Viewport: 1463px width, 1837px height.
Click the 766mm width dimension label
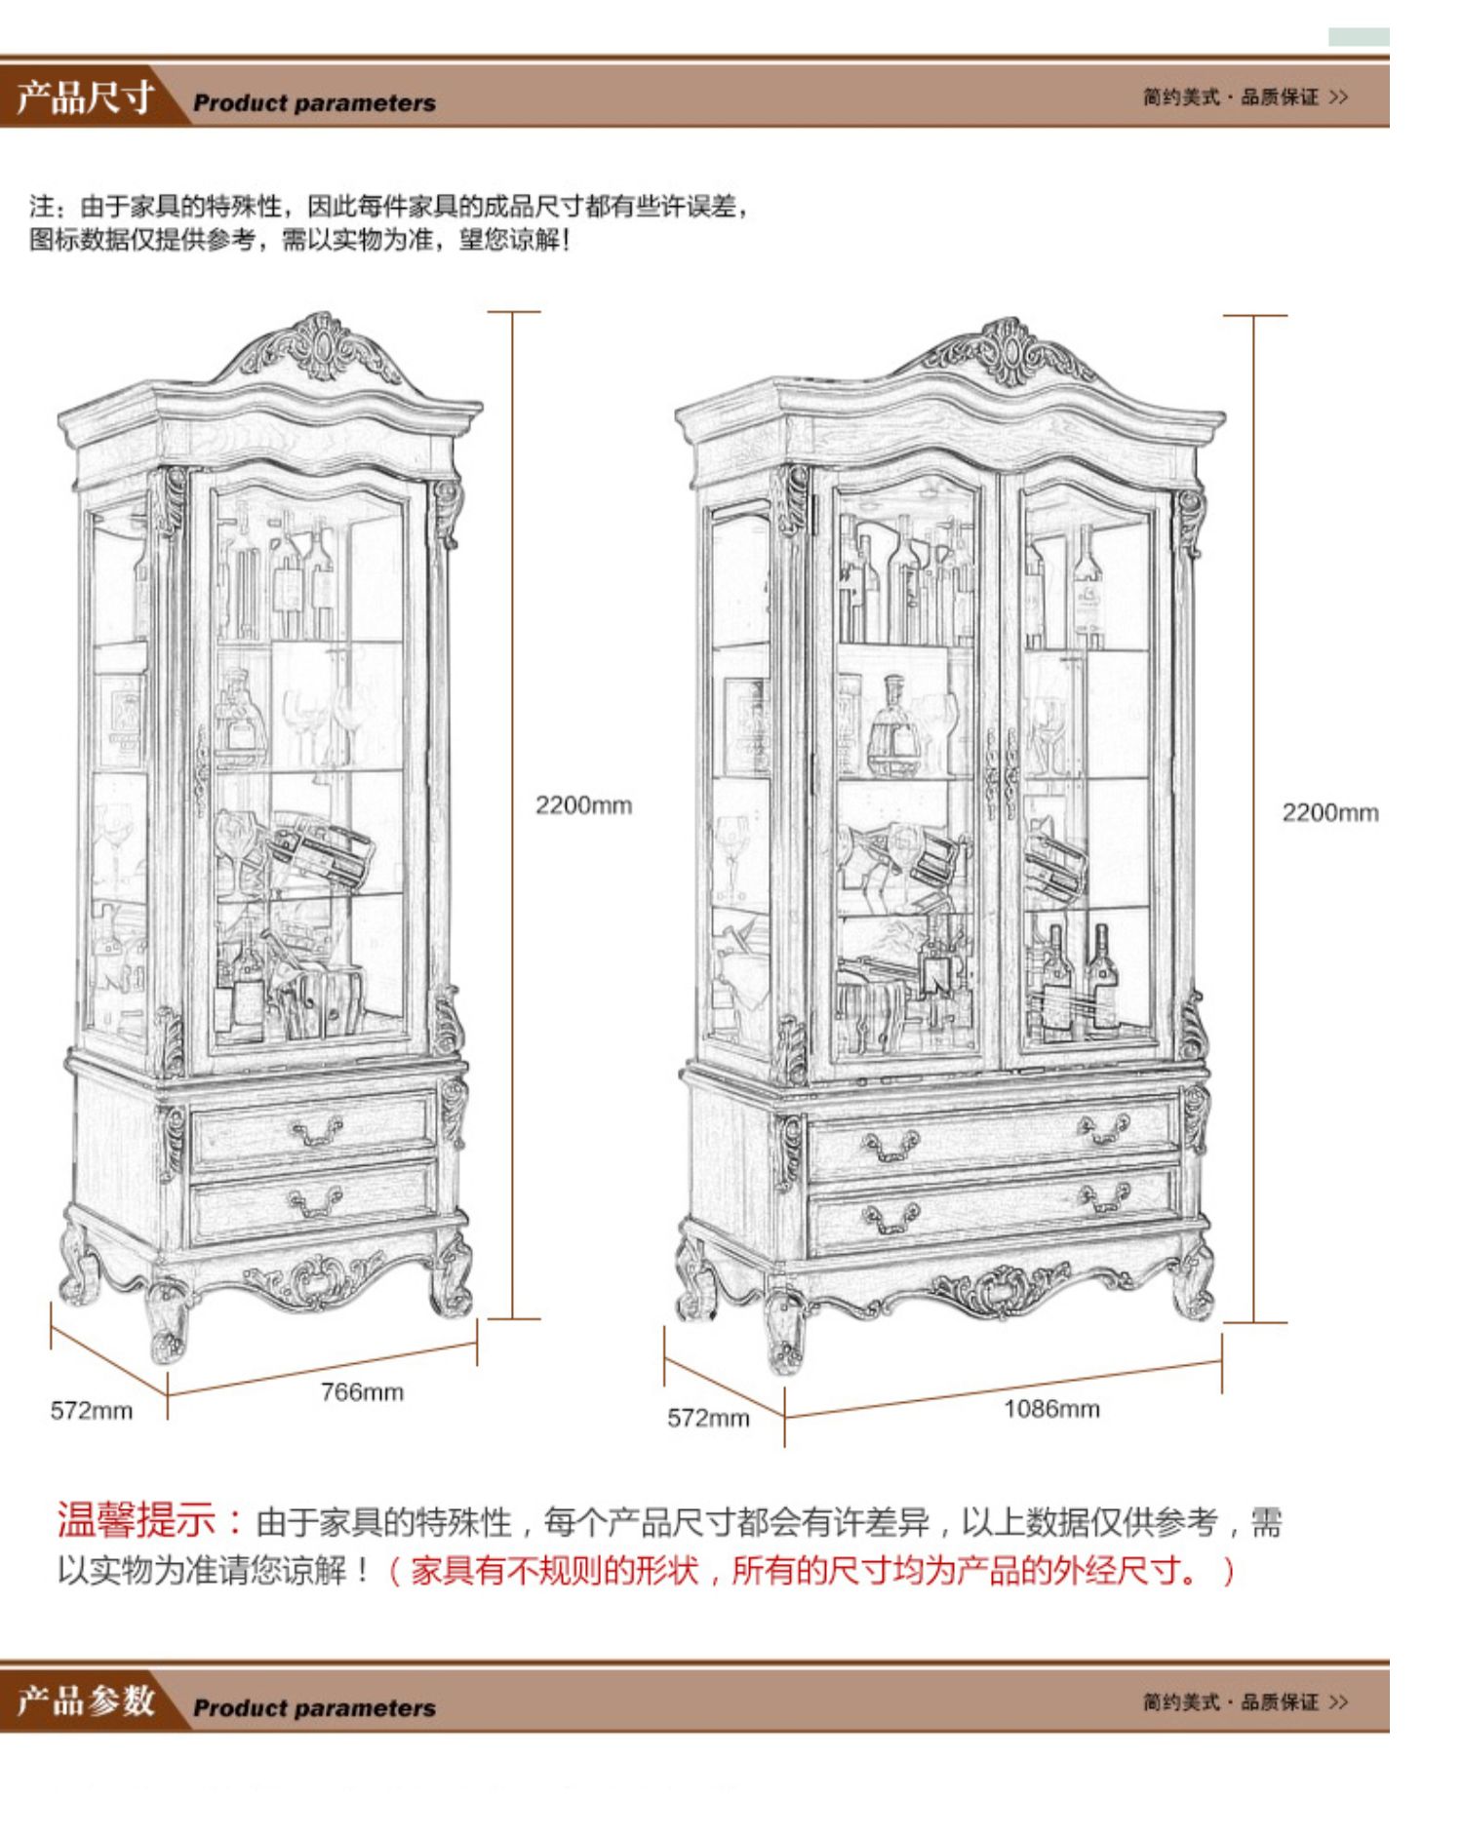(362, 1391)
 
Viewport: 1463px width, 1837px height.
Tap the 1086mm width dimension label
(1051, 1408)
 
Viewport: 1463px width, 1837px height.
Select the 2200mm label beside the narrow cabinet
(583, 804)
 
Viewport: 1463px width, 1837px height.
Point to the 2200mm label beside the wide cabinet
(1329, 812)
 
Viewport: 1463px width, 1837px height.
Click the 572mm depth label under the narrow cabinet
(92, 1410)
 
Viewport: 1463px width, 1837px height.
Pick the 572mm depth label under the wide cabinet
(708, 1418)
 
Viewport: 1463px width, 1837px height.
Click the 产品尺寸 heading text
(86, 98)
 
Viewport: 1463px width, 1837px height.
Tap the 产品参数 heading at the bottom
(86, 1701)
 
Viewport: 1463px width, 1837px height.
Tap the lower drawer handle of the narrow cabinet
(315, 1202)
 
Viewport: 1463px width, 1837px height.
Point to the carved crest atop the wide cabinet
(1008, 351)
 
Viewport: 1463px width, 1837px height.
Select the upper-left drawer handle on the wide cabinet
(891, 1145)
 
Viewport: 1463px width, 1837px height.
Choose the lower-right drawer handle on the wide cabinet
(1104, 1196)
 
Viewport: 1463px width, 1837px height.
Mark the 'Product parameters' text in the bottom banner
(314, 1707)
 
